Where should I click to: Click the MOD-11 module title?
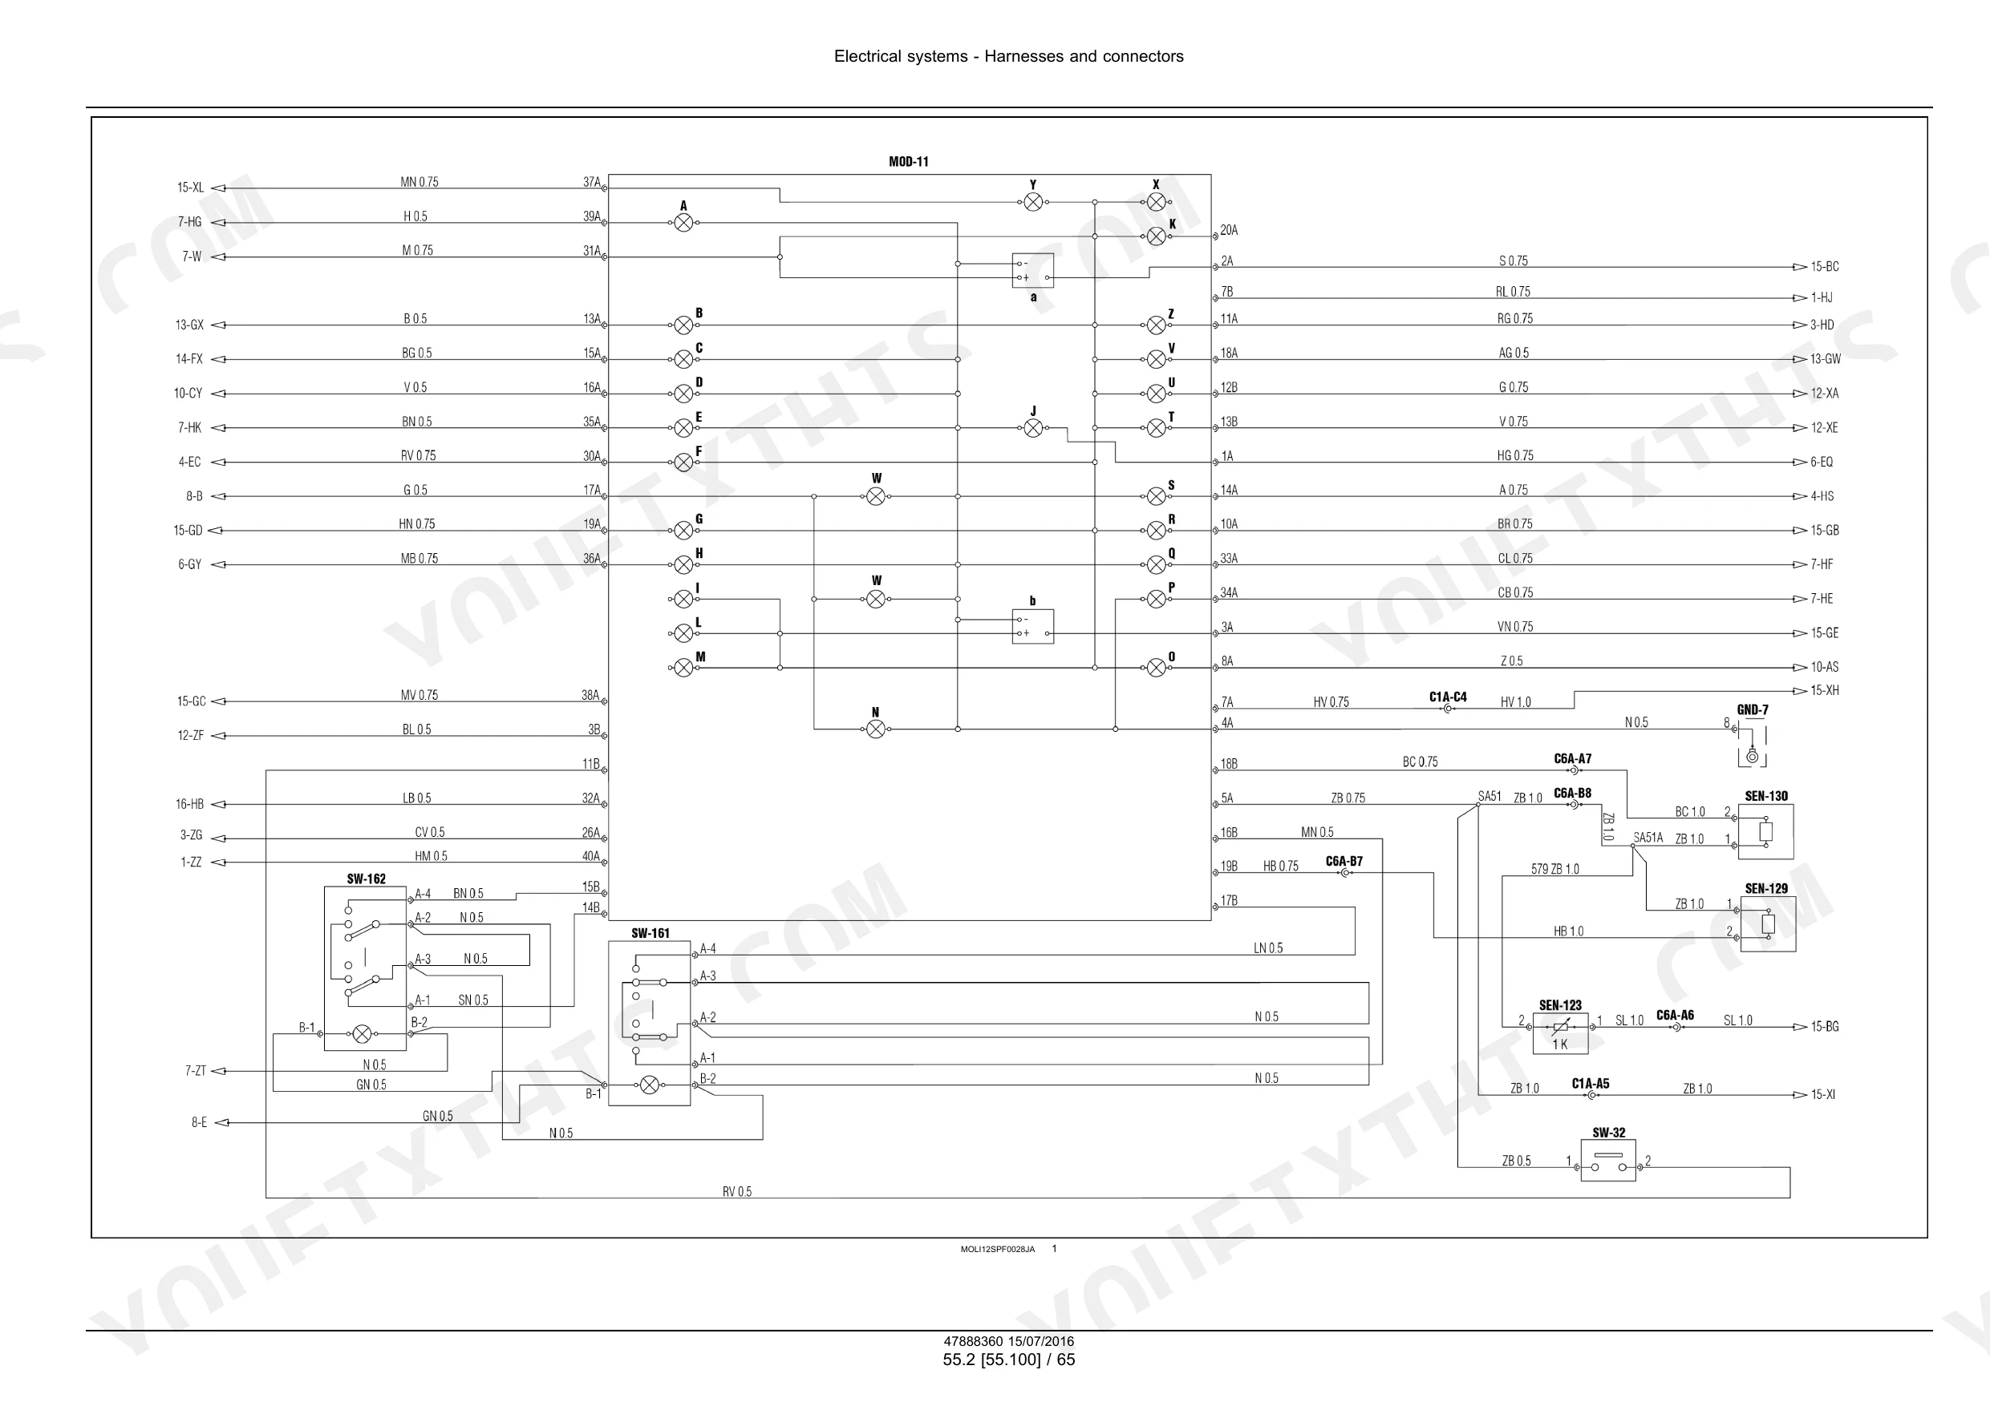(x=908, y=162)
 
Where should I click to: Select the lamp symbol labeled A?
(x=684, y=223)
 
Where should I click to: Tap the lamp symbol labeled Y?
(x=1033, y=202)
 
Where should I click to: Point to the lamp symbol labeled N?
(x=876, y=729)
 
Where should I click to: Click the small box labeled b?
(x=1033, y=626)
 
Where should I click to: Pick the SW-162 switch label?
(x=366, y=879)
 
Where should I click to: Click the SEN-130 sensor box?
(x=1765, y=831)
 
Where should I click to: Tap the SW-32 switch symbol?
(x=1609, y=1161)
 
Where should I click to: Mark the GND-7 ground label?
(x=1753, y=710)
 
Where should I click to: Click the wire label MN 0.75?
(x=419, y=182)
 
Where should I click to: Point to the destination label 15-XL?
(x=191, y=187)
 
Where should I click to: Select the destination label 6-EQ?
(x=1822, y=462)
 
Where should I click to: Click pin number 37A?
(x=592, y=182)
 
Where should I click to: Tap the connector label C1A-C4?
(x=1449, y=697)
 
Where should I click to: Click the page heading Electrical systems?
(x=901, y=56)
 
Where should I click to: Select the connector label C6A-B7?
(x=1344, y=861)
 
